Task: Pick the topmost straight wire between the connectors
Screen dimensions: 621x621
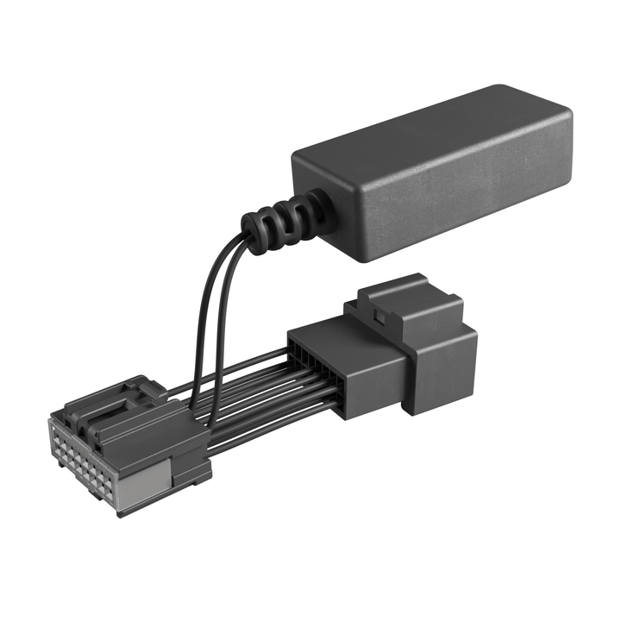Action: point(250,367)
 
